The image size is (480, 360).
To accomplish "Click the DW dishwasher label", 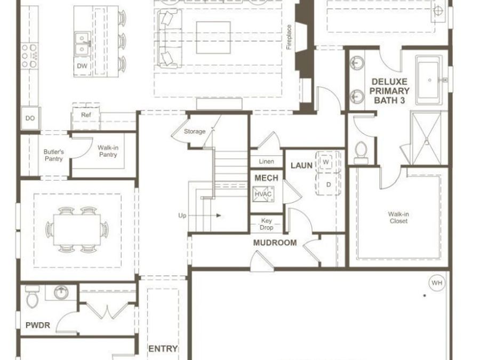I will [x=82, y=66].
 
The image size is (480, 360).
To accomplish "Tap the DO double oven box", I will [x=29, y=118].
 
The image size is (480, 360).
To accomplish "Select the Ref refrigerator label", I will [x=86, y=115].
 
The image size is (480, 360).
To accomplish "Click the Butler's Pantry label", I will [x=53, y=155].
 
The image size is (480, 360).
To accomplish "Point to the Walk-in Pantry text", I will [x=107, y=151].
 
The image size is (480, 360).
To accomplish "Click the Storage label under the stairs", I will [x=195, y=131].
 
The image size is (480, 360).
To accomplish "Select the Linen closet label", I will [x=266, y=162].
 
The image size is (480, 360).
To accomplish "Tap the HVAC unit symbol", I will [x=263, y=194].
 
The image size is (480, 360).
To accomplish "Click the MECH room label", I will [x=266, y=178].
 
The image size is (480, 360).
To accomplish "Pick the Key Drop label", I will [x=266, y=224].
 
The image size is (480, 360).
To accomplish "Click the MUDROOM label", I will [x=275, y=243].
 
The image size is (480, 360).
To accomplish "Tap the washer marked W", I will [x=325, y=162].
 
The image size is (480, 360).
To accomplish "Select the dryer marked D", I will [x=328, y=185].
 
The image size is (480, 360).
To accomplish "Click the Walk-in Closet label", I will [x=398, y=218].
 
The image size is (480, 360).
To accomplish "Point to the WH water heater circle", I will [x=436, y=283].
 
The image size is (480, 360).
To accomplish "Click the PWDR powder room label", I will [x=38, y=325].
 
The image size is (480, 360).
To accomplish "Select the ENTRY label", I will [x=163, y=349].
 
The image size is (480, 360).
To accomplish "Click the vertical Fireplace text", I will [x=289, y=37].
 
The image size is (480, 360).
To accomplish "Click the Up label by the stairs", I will [x=182, y=215].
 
